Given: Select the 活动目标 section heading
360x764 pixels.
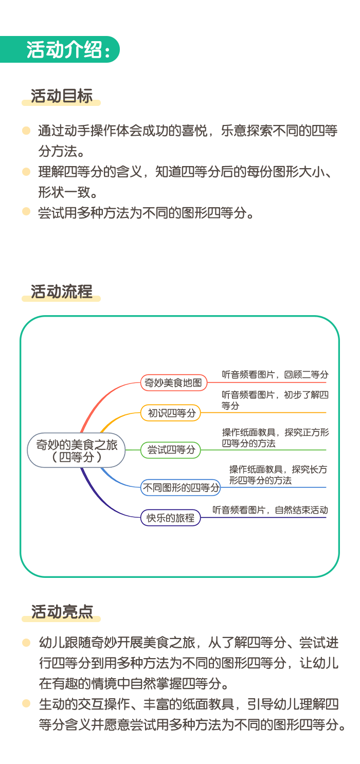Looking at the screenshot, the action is click(x=61, y=96).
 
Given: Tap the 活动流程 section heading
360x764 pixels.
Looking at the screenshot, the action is click(x=61, y=292).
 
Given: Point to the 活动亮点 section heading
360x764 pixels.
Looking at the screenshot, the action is click(x=62, y=611).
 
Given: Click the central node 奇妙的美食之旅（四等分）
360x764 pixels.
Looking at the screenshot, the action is click(x=77, y=450).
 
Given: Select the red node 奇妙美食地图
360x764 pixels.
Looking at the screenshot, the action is click(x=174, y=383).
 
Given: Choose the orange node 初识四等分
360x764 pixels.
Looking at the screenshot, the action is click(x=171, y=413).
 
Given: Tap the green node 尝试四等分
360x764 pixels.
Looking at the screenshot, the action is click(x=171, y=450).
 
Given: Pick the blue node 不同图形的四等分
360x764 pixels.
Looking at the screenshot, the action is click(x=181, y=487).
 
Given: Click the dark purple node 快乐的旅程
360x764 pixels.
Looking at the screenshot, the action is click(x=171, y=518).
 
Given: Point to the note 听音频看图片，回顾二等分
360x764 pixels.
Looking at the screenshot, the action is click(x=275, y=374).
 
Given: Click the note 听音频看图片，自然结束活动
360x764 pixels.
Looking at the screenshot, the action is click(x=270, y=510).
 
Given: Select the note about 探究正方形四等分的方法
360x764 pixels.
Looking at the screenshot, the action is click(x=275, y=438).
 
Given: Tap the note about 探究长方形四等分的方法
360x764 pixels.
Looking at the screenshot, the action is click(x=278, y=475).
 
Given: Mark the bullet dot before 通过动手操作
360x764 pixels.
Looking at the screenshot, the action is click(x=26, y=131).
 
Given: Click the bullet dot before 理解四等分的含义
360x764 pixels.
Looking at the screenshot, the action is click(x=26, y=172).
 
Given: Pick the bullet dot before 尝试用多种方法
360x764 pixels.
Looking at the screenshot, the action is click(x=26, y=211).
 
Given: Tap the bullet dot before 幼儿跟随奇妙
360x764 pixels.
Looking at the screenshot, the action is click(x=26, y=643).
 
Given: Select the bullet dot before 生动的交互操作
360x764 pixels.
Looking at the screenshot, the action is click(x=26, y=703).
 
